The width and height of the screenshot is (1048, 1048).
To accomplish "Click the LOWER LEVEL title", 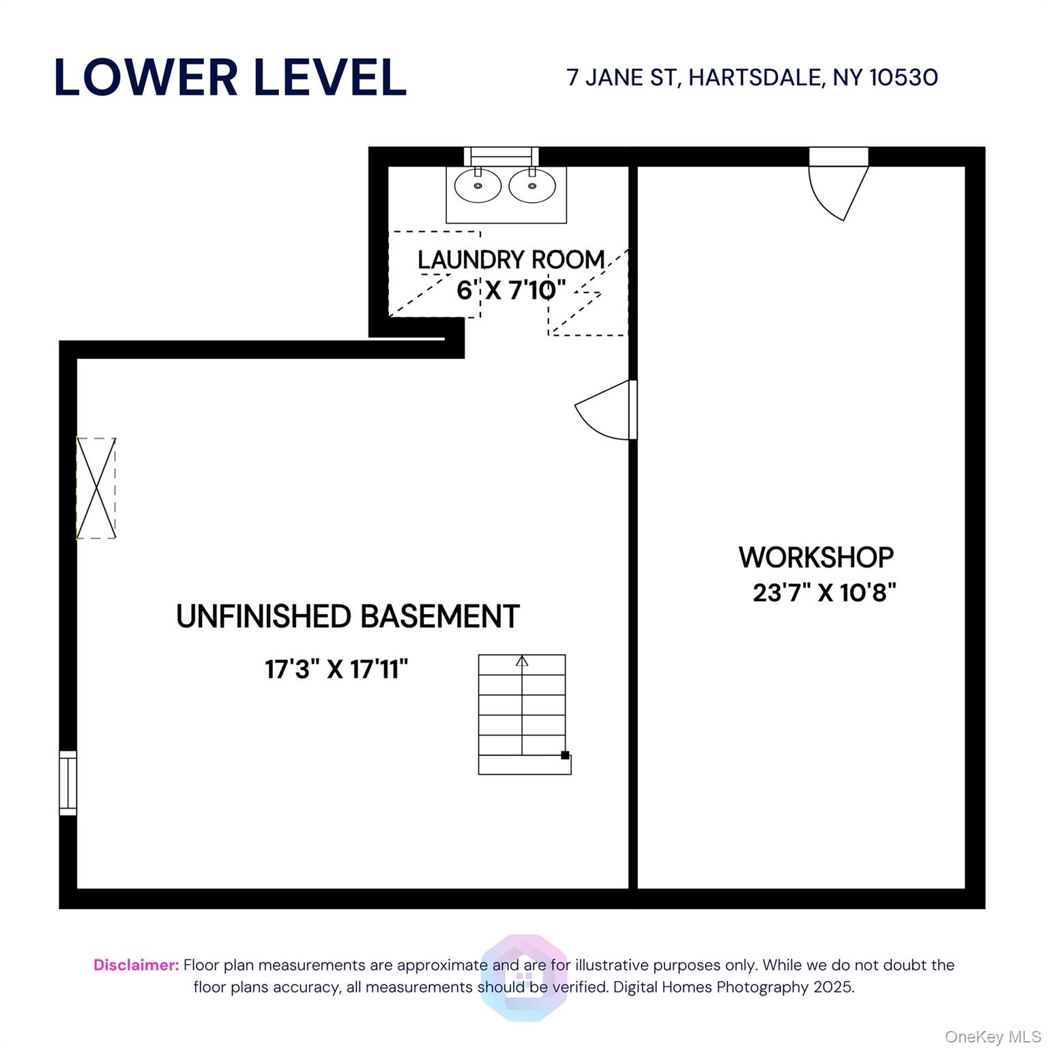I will pyautogui.click(x=230, y=77).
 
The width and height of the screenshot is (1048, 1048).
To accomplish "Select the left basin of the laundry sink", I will pyautogui.click(x=478, y=186).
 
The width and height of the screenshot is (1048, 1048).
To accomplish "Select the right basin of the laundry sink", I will pyautogui.click(x=532, y=186).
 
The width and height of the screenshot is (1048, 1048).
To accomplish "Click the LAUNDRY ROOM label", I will pyautogui.click(x=511, y=260).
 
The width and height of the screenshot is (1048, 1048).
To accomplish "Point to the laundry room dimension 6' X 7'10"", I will pyautogui.click(x=511, y=291).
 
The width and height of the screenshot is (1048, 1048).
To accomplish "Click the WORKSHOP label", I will pyautogui.click(x=816, y=557).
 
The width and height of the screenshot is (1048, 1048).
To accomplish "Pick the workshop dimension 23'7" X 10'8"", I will pyautogui.click(x=824, y=592).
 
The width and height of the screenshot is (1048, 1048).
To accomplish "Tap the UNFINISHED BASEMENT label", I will pyautogui.click(x=348, y=617).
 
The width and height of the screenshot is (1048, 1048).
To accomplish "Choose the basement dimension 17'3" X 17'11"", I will pyautogui.click(x=336, y=669).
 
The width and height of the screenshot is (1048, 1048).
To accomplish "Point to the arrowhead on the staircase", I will pyautogui.click(x=522, y=660).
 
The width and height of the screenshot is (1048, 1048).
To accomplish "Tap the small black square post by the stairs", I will pyautogui.click(x=565, y=755).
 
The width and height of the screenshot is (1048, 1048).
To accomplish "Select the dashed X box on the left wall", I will pyautogui.click(x=96, y=489).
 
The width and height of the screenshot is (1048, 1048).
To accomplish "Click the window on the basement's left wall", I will pyautogui.click(x=68, y=783).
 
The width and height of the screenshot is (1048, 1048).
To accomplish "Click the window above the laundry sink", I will pyautogui.click(x=501, y=156).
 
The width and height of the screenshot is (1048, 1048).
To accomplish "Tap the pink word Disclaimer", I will pyautogui.click(x=136, y=965).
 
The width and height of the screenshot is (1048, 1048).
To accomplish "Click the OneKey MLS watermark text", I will pyautogui.click(x=992, y=1037).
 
